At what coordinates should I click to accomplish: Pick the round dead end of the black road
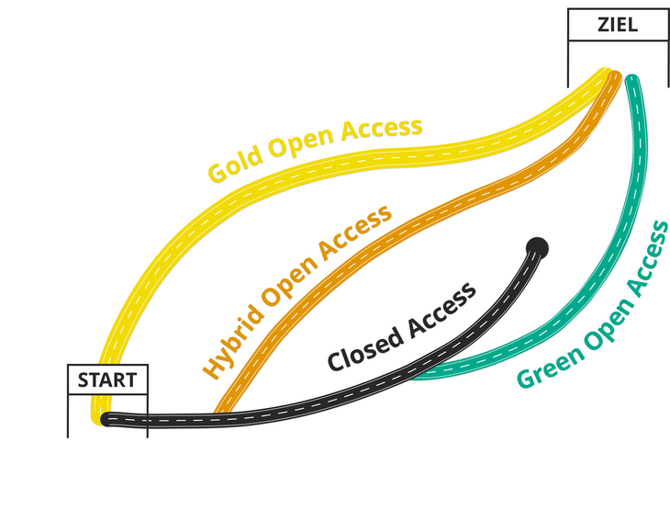(538, 246)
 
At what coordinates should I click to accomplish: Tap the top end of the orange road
(615, 77)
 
